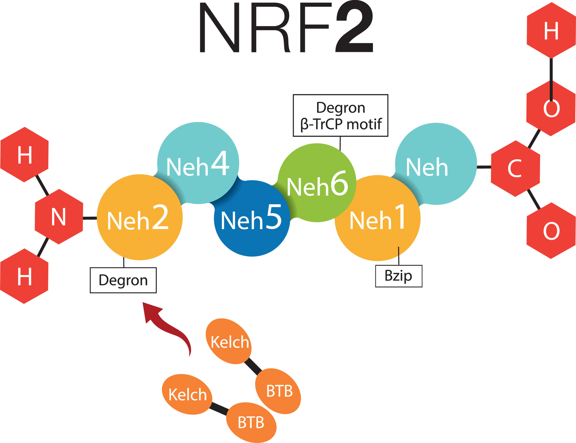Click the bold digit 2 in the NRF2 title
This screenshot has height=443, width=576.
click(x=354, y=28)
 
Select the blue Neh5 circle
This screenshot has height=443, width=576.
click(x=252, y=224)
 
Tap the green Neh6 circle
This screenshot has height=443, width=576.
click(x=317, y=182)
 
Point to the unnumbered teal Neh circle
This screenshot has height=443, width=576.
click(x=436, y=164)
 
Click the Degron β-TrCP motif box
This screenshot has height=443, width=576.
click(x=340, y=116)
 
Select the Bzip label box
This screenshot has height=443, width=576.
click(x=399, y=276)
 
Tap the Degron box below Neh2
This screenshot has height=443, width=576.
click(x=123, y=280)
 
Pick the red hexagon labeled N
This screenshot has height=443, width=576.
click(x=59, y=217)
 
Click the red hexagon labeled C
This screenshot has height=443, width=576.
click(x=515, y=169)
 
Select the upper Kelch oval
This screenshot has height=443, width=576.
click(x=229, y=342)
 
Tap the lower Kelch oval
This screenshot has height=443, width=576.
click(x=187, y=394)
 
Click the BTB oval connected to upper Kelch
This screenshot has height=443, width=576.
click(x=278, y=391)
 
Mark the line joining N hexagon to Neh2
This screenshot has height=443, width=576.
click(x=90, y=218)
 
